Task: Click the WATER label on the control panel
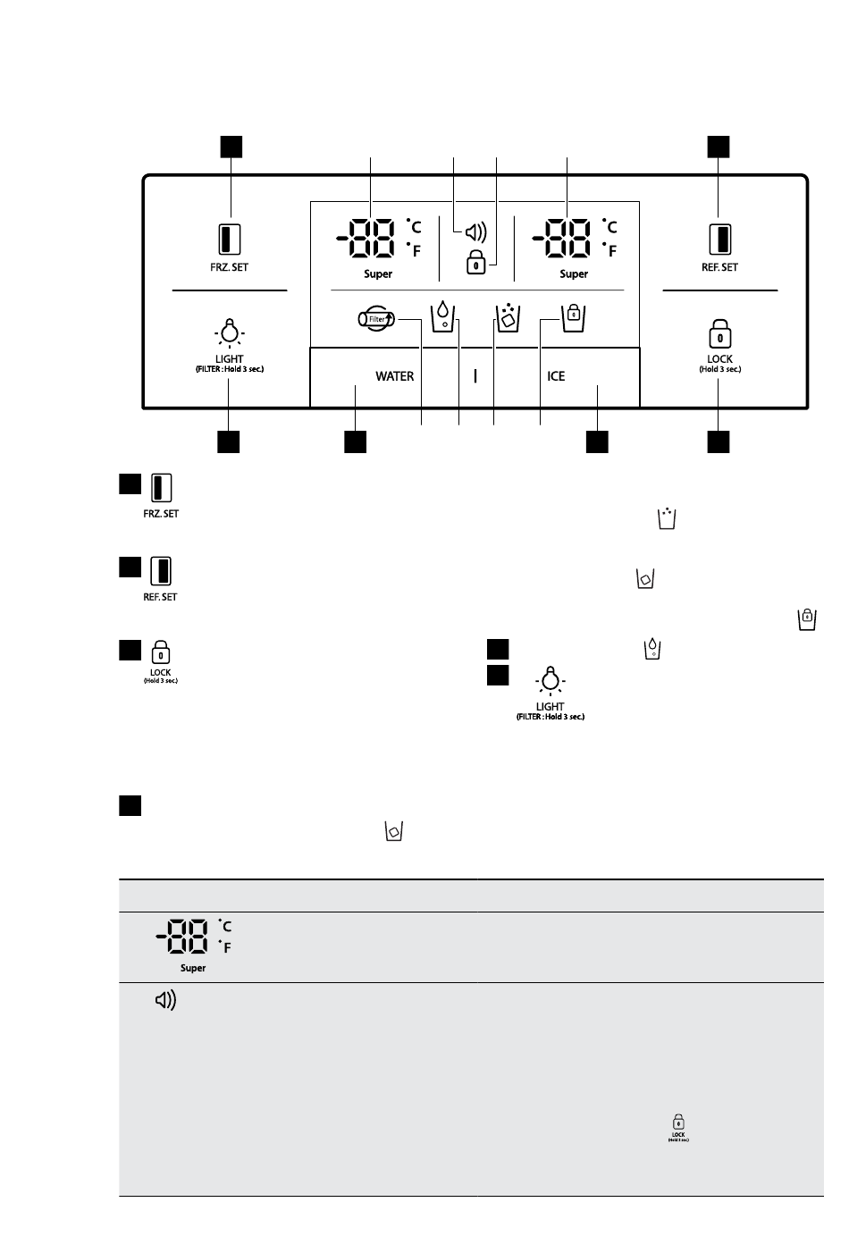point(394,376)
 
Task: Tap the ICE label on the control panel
point(556,376)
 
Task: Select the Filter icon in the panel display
point(377,319)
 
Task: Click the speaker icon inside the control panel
point(476,232)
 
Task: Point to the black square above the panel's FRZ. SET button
point(231,147)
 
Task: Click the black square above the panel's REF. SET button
point(719,147)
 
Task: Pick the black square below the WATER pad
point(356,442)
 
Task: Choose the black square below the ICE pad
point(597,442)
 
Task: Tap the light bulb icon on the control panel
point(230,332)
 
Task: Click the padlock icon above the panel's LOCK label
point(720,334)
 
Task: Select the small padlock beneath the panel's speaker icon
point(476,262)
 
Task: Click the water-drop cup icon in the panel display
point(442,316)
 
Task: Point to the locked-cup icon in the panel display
point(573,318)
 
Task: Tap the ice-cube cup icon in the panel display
point(509,317)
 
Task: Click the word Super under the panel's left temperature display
point(378,274)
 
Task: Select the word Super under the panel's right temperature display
point(574,274)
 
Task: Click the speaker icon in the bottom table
point(165,1000)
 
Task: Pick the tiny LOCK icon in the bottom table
point(678,1127)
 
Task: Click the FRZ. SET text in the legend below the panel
point(161,514)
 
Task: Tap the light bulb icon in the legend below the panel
point(550,680)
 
